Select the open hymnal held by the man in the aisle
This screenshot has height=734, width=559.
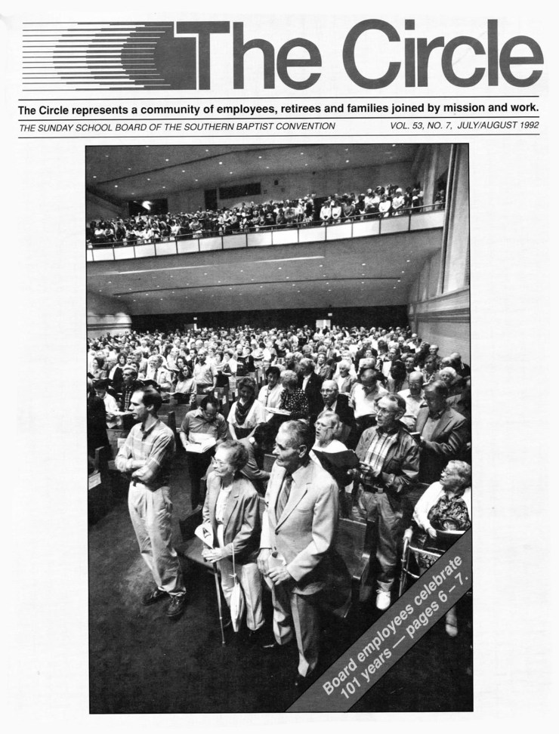click(200, 444)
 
